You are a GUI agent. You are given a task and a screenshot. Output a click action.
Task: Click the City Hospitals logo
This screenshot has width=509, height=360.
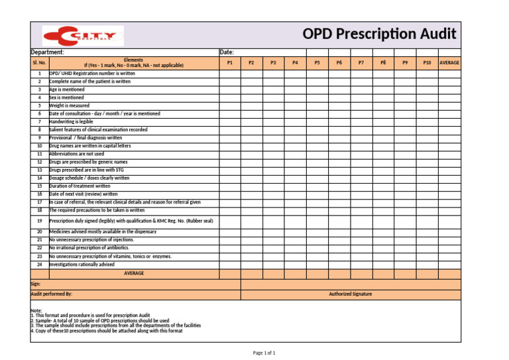pyautogui.click(x=83, y=35)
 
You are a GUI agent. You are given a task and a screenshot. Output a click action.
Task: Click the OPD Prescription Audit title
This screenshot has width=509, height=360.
pyautogui.click(x=379, y=34)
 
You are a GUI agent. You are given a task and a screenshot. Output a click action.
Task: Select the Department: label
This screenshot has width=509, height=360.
pyautogui.click(x=48, y=52)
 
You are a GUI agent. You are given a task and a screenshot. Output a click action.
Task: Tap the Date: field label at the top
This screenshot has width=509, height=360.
pyautogui.click(x=226, y=52)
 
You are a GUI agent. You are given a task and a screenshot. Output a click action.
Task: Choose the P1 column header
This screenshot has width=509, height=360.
pyautogui.click(x=229, y=62)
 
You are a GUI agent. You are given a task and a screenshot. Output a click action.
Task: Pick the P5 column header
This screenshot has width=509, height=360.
pyautogui.click(x=317, y=62)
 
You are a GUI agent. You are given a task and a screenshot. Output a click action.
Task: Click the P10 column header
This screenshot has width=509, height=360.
pyautogui.click(x=427, y=62)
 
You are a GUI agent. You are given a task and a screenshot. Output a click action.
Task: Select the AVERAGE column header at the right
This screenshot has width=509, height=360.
pyautogui.click(x=449, y=62)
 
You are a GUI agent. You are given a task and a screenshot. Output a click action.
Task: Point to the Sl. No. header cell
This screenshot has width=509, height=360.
pyautogui.click(x=39, y=62)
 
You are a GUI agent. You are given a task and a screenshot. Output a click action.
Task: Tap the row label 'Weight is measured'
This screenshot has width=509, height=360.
pyautogui.click(x=70, y=105)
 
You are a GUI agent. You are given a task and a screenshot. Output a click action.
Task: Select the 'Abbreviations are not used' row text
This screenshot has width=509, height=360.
pyautogui.click(x=77, y=154)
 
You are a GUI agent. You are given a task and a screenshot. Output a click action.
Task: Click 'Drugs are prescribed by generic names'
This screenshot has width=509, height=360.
pyautogui.click(x=88, y=162)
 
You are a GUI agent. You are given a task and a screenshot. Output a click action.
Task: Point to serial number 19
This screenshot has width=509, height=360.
pyautogui.click(x=39, y=220)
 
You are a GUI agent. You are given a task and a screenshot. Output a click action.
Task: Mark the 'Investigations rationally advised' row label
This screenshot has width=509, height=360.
pyautogui.click(x=82, y=264)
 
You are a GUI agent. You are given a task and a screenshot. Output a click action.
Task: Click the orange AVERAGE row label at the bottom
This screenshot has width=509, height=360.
pyautogui.click(x=134, y=273)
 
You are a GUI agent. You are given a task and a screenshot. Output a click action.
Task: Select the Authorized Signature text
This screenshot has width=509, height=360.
pyautogui.click(x=351, y=294)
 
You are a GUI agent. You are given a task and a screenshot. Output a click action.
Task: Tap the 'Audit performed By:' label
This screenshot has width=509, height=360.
pyautogui.click(x=52, y=294)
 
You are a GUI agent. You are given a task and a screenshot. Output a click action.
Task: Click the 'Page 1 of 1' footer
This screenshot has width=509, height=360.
pyautogui.click(x=264, y=353)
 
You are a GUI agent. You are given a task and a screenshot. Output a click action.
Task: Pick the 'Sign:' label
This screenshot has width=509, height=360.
pyautogui.click(x=36, y=283)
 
